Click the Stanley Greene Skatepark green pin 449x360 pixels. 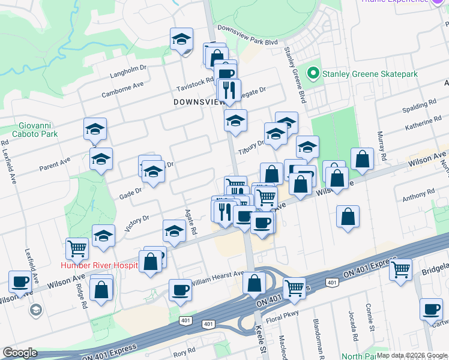click(x=312, y=74)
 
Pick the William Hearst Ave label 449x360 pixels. click(x=217, y=278)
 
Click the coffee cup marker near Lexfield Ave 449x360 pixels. click(x=20, y=281)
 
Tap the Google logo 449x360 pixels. click(x=20, y=353)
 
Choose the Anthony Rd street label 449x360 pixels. click(x=418, y=196)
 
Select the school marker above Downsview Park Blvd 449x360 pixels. click(x=181, y=40)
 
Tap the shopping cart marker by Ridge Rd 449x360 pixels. click(x=77, y=248)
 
